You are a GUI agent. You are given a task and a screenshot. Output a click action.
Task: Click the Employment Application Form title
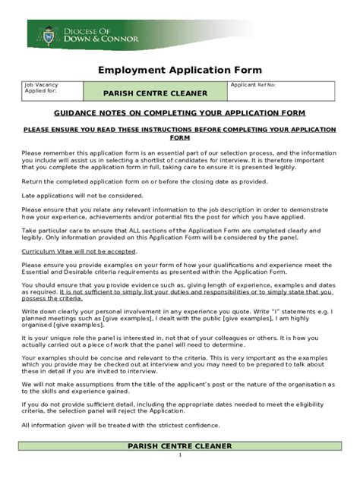point(179,70)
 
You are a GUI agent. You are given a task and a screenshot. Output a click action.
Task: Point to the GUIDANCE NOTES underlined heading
point(179,113)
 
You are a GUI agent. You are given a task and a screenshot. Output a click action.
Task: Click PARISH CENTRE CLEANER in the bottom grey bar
point(179,445)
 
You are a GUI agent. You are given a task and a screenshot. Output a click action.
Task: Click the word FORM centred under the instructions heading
point(179,139)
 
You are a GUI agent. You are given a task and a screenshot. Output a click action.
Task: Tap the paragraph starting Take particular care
point(179,234)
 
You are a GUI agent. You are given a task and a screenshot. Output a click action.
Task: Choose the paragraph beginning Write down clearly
point(179,316)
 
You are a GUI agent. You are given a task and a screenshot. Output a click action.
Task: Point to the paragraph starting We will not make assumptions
point(179,388)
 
